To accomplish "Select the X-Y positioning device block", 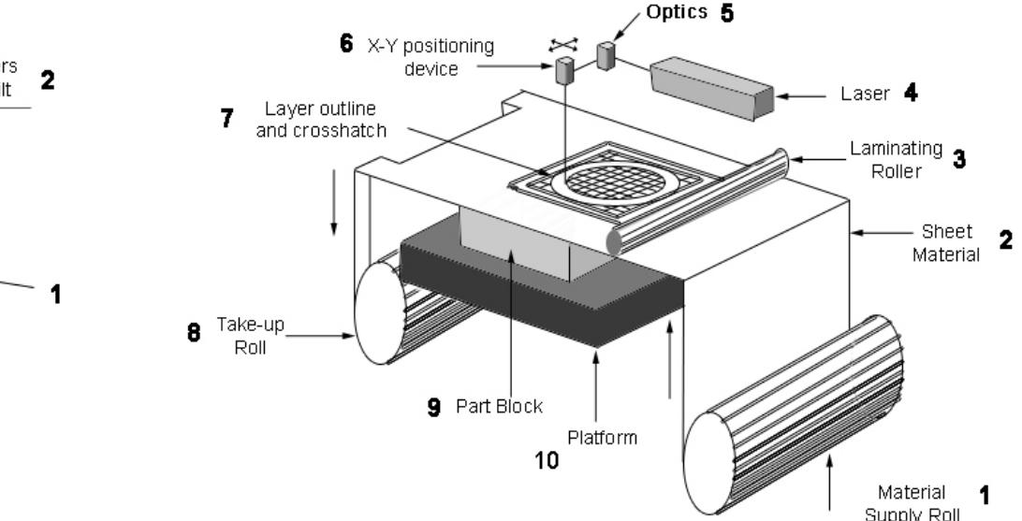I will (564, 70).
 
